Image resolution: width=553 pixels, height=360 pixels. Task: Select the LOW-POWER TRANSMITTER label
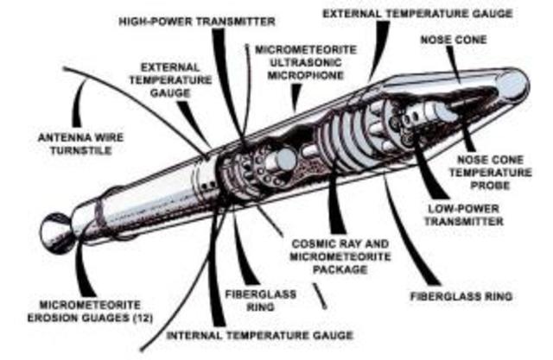[464, 215]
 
